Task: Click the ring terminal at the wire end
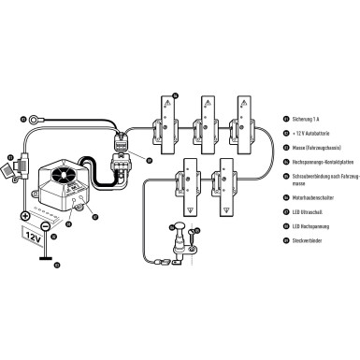coord(36,119)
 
